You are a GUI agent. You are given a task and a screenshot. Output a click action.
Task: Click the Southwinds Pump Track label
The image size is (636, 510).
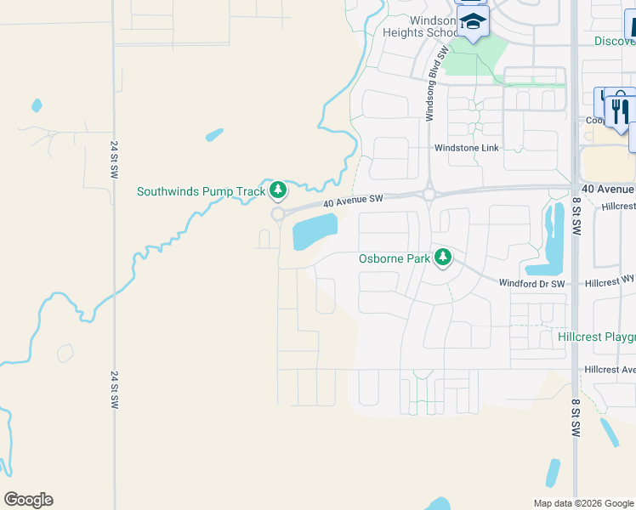[x=202, y=191]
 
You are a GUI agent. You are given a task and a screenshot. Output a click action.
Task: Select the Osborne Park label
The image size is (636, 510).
[x=395, y=258]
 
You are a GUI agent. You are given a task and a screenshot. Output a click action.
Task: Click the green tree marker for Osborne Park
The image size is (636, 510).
[x=442, y=256]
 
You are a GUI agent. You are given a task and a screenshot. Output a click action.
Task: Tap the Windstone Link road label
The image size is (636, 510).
[x=466, y=148]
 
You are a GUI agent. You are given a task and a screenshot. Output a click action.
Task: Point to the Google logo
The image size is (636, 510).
[x=28, y=500]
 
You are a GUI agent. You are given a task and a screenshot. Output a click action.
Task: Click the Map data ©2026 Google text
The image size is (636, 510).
[x=583, y=503]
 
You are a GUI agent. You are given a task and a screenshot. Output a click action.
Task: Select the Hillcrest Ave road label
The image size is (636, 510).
[x=610, y=370]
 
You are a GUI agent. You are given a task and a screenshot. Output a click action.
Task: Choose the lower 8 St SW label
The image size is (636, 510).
[x=576, y=422]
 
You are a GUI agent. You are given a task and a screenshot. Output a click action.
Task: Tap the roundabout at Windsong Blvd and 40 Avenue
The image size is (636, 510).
[x=429, y=194]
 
